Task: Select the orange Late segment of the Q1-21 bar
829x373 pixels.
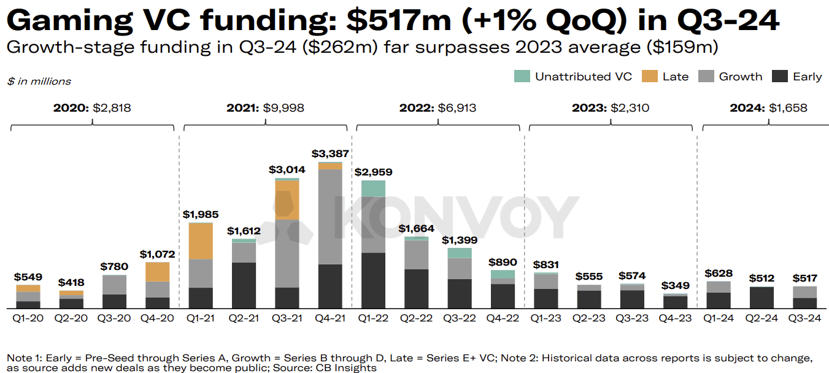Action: [201, 240]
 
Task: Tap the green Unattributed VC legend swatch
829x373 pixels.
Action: [522, 76]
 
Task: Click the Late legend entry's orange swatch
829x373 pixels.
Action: [649, 76]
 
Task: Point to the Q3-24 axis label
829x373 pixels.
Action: [804, 318]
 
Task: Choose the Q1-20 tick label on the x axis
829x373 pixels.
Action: [28, 318]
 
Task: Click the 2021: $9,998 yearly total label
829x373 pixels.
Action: [265, 108]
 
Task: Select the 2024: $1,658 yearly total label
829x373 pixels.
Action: [768, 108]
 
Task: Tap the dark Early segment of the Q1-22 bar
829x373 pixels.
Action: [373, 280]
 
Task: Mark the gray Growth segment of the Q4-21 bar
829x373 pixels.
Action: [330, 217]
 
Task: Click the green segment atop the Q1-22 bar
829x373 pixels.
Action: [373, 188]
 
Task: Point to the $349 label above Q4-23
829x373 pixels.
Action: [675, 286]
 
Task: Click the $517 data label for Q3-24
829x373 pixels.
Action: [804, 278]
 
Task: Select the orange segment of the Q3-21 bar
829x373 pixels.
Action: [287, 201]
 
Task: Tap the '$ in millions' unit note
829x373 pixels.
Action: [39, 81]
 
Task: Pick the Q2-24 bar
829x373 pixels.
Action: [762, 297]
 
